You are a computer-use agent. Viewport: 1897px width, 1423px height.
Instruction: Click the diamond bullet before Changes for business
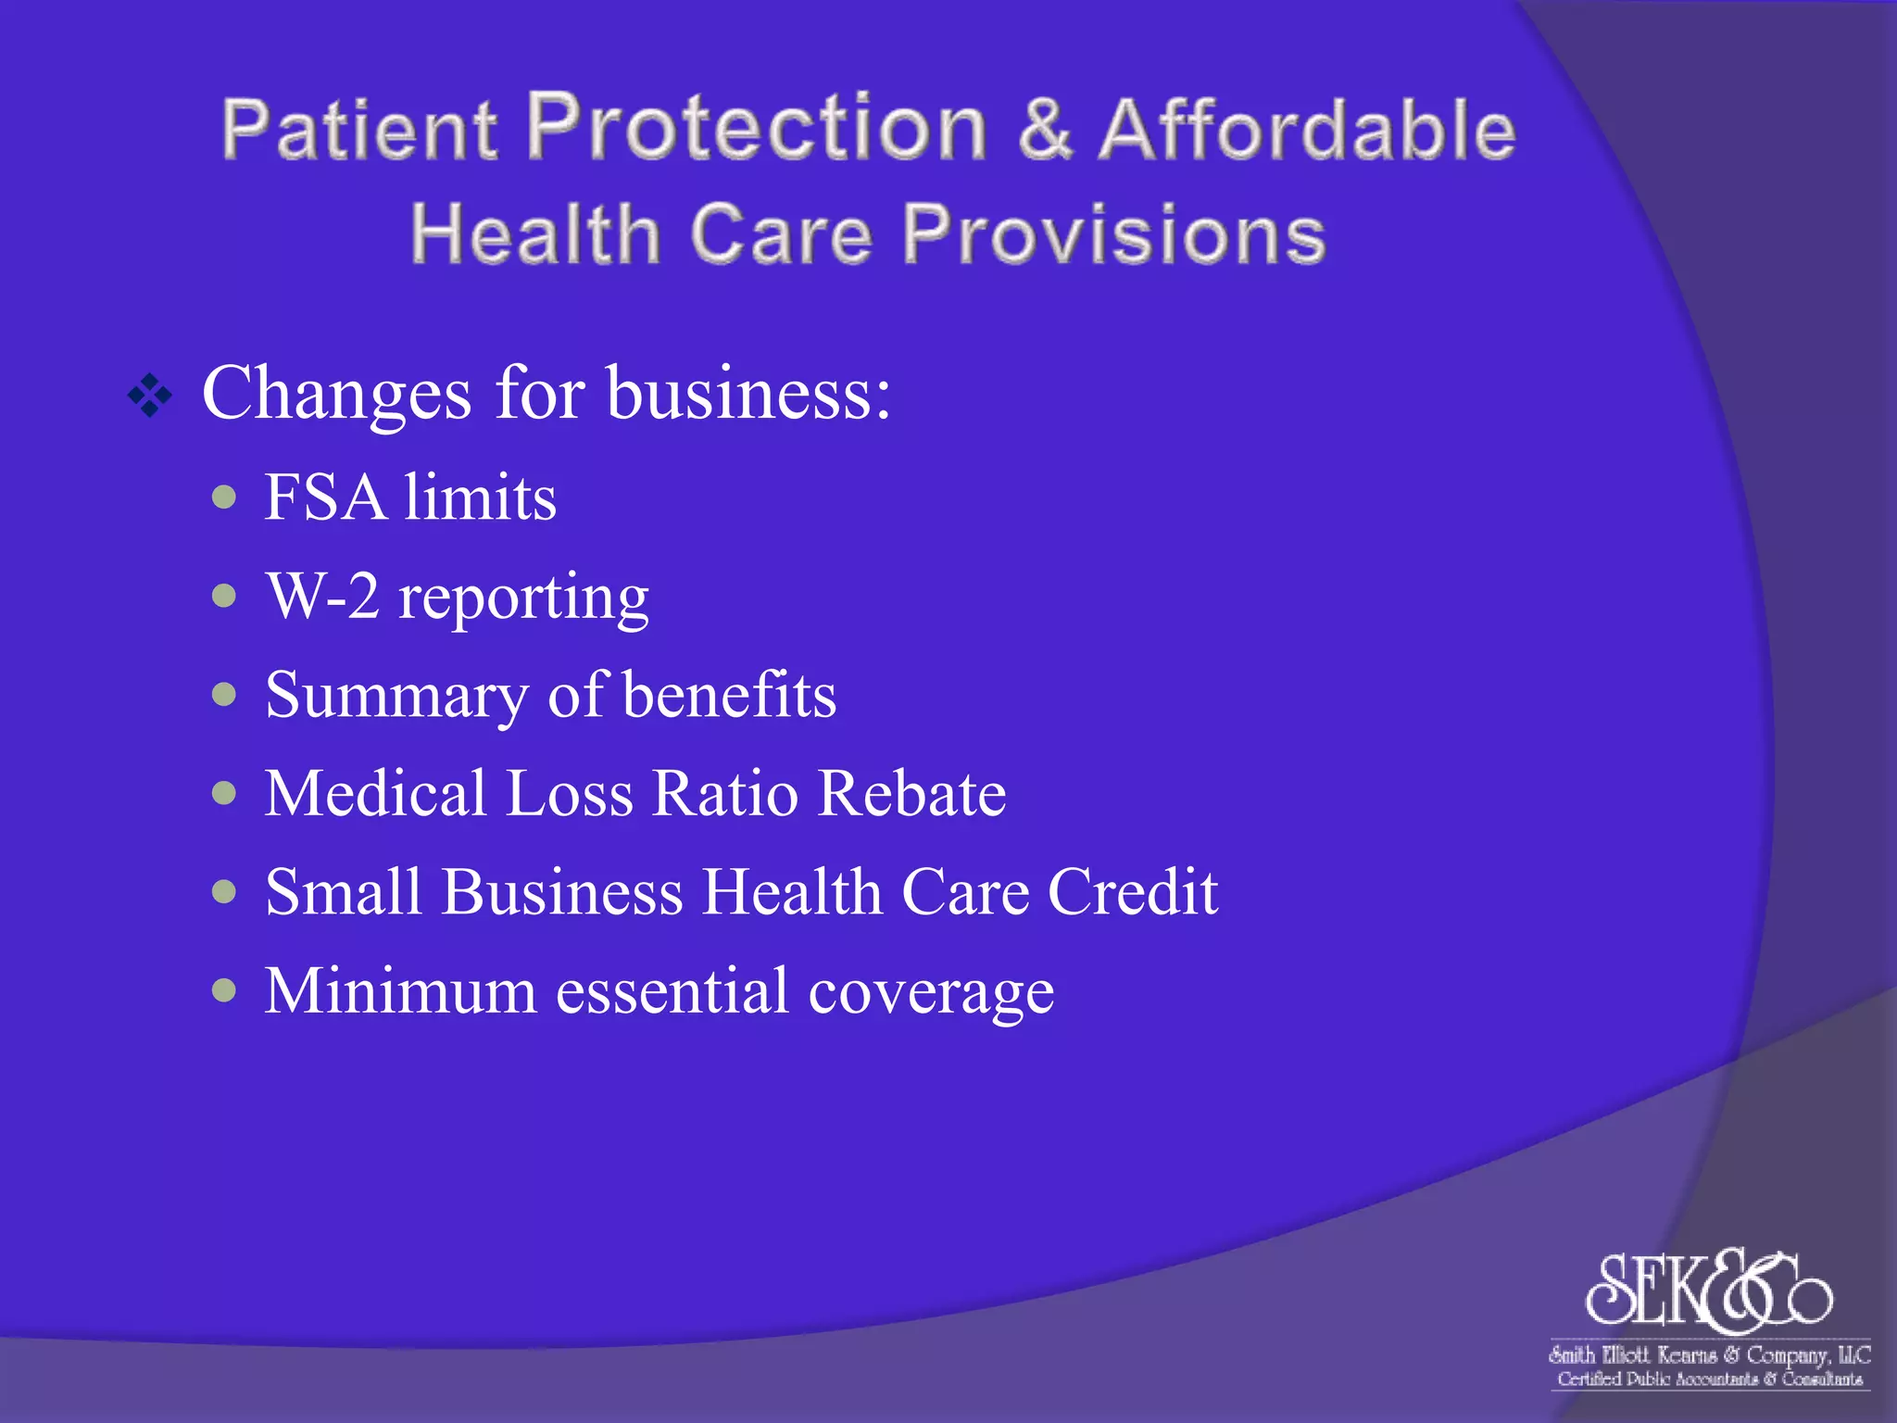click(x=150, y=396)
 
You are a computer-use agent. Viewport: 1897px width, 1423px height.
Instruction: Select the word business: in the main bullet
click(x=748, y=394)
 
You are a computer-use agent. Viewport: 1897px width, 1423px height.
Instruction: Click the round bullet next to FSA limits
click(x=224, y=497)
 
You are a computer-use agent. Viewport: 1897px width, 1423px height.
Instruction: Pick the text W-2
click(x=323, y=596)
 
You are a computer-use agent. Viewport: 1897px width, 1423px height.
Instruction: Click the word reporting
click(x=523, y=599)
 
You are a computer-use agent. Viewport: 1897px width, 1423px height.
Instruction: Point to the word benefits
click(x=730, y=695)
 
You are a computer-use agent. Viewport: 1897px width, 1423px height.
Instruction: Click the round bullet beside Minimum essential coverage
click(x=224, y=991)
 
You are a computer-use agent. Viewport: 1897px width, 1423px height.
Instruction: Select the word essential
click(x=672, y=991)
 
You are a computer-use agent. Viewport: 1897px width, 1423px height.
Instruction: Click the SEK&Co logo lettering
click(x=1708, y=1290)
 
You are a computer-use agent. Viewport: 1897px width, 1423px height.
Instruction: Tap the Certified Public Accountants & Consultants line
click(x=1709, y=1379)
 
